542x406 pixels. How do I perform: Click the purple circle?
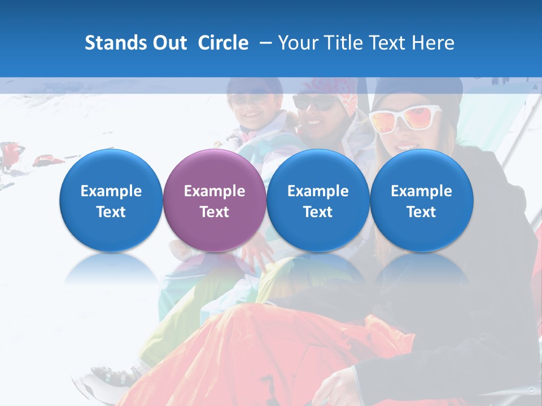214,200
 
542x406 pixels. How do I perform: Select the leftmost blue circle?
111,200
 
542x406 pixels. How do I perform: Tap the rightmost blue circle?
421,200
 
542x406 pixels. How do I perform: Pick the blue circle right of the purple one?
318,200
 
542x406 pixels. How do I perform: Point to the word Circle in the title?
223,43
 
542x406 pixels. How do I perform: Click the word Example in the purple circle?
214,191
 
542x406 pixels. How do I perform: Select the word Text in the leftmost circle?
111,212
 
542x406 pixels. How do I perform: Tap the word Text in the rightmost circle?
421,212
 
